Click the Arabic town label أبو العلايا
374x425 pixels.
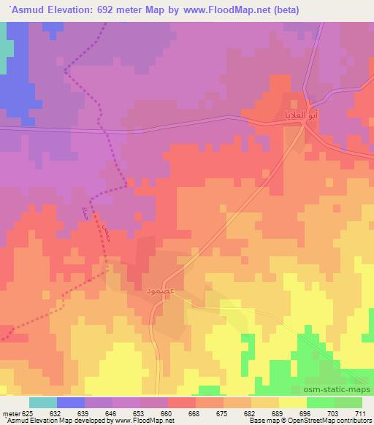pyautogui.click(x=279, y=115)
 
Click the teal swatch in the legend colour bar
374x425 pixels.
pyautogui.click(x=43, y=402)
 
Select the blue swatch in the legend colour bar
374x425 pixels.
pyautogui.click(x=71, y=402)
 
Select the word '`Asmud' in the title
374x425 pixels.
pyautogui.click(x=23, y=9)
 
